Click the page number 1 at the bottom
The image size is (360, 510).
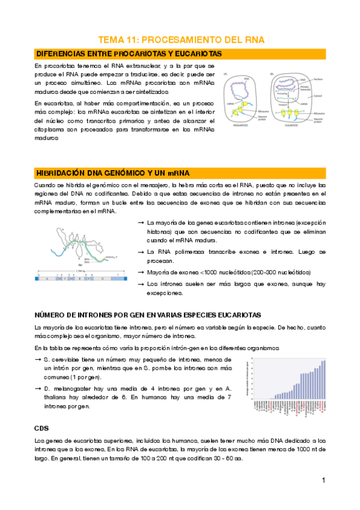click(323, 481)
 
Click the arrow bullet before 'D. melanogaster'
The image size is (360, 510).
click(38, 389)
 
